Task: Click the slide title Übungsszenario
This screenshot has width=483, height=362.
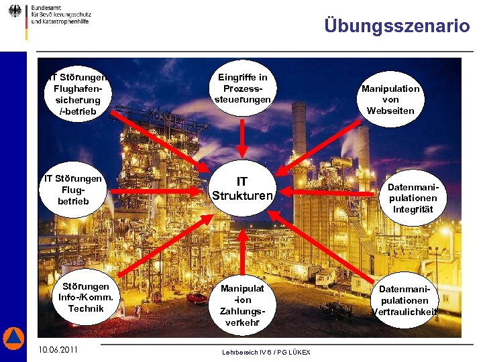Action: click(396, 26)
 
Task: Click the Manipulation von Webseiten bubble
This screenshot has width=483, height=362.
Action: click(390, 99)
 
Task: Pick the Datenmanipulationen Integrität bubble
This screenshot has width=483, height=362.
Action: click(413, 198)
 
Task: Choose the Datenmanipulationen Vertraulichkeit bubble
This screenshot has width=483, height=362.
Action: click(405, 300)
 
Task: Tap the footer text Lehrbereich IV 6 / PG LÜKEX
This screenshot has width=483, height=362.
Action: click(266, 352)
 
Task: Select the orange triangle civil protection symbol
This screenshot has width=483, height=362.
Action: click(13, 339)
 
